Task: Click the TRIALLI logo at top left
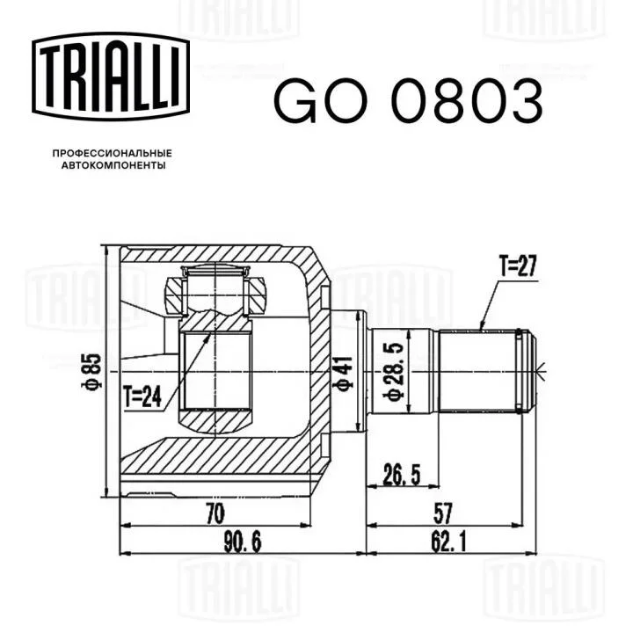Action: (x=111, y=76)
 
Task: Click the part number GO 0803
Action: (x=409, y=101)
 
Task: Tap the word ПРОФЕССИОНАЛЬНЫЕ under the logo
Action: (x=113, y=153)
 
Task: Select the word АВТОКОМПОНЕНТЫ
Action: (x=113, y=165)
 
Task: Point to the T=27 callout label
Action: (x=518, y=266)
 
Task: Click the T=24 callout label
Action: (x=142, y=397)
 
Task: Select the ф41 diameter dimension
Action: (x=343, y=373)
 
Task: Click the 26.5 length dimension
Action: (x=401, y=475)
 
